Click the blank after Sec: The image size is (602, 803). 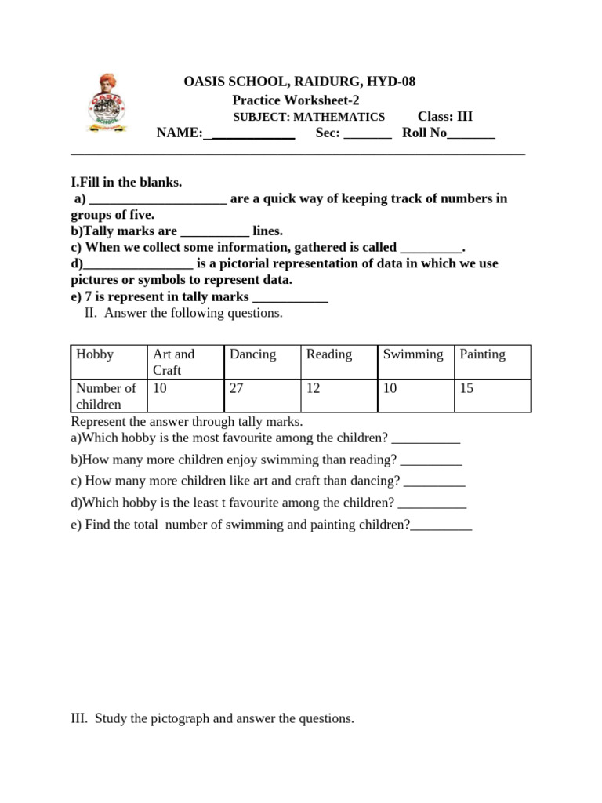tap(368, 134)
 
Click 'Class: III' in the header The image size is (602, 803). tap(445, 117)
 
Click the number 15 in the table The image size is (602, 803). tap(467, 388)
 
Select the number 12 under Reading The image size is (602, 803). tap(314, 388)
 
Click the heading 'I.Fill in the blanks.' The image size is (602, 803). tap(126, 183)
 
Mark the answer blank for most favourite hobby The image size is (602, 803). tap(425, 440)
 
